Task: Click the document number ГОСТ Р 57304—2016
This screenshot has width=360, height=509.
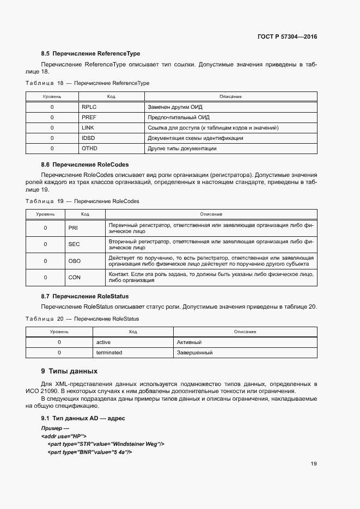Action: (287, 37)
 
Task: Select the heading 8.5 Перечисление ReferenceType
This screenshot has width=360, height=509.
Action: (90, 54)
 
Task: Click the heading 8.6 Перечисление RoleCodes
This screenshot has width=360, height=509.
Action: (84, 164)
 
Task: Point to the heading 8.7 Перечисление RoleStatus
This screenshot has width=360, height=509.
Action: (84, 296)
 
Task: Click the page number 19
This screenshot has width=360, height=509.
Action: (314, 464)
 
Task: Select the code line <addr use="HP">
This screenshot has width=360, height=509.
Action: (64, 437)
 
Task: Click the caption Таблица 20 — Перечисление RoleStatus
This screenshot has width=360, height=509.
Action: (82, 318)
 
